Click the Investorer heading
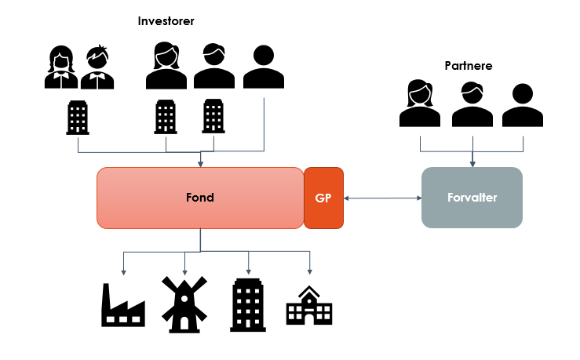pos(166,21)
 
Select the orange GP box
pos(323,198)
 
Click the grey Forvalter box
pos(472,198)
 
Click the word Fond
pos(200,198)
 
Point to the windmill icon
pos(184,303)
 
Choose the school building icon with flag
pos(308,306)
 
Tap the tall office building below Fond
pos(248,303)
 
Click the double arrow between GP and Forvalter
pos(382,198)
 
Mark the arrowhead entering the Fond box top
pos(201,164)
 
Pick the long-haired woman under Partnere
pos(420,104)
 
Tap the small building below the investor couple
pos(77,118)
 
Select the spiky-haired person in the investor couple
pos(98,68)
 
